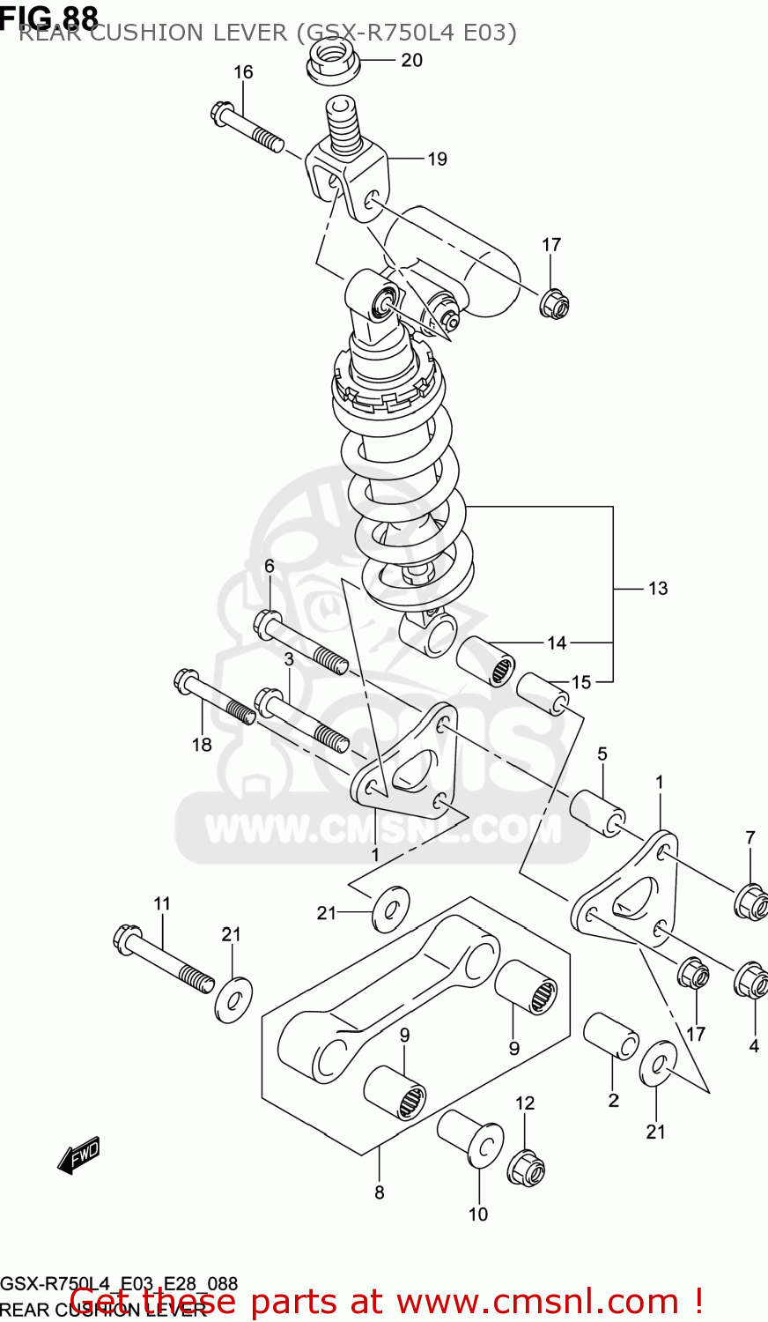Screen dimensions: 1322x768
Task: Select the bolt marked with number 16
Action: coord(246,129)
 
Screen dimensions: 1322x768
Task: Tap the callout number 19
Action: coord(438,160)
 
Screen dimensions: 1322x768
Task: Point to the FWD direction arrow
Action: coord(78,1155)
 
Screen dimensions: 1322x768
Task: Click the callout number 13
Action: coord(658,589)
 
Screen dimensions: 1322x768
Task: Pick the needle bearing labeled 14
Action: coord(485,660)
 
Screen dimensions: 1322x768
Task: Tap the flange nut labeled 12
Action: coord(526,1167)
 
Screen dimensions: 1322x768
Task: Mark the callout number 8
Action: coord(380,1192)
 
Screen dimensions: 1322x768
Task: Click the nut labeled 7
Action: coord(750,901)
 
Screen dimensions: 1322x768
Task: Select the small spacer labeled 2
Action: coord(611,1035)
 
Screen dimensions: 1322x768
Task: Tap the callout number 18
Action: coord(202,745)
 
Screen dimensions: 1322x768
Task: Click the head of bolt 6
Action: coord(268,624)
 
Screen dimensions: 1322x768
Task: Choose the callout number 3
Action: coord(288,659)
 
